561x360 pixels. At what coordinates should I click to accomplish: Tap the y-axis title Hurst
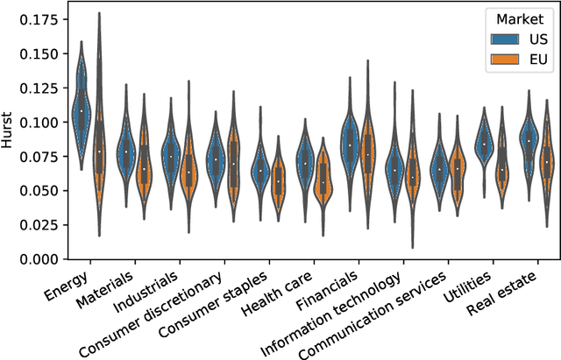click(11, 132)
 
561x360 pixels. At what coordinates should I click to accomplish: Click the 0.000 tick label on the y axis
click(36, 259)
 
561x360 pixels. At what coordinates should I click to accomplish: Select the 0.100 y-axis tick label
click(36, 122)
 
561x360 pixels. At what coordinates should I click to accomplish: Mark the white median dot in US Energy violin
click(82, 110)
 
